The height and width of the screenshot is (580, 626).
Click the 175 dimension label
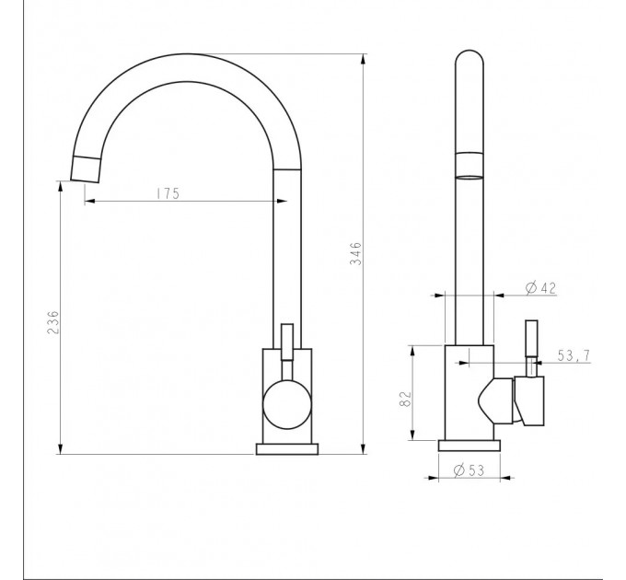click(x=168, y=193)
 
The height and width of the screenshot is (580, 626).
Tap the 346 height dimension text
click(x=355, y=253)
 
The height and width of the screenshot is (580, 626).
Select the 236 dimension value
click(x=52, y=322)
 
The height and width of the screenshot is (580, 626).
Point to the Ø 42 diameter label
click(x=540, y=287)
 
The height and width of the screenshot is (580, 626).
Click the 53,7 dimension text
click(x=574, y=355)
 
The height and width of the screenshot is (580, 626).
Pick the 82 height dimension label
click(x=405, y=399)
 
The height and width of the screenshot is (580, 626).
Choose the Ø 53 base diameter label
click(x=469, y=470)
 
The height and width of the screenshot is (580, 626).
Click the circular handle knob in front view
click(x=286, y=405)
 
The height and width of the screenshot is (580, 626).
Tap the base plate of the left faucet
click(x=287, y=448)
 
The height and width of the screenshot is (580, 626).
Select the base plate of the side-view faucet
click(x=469, y=446)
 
